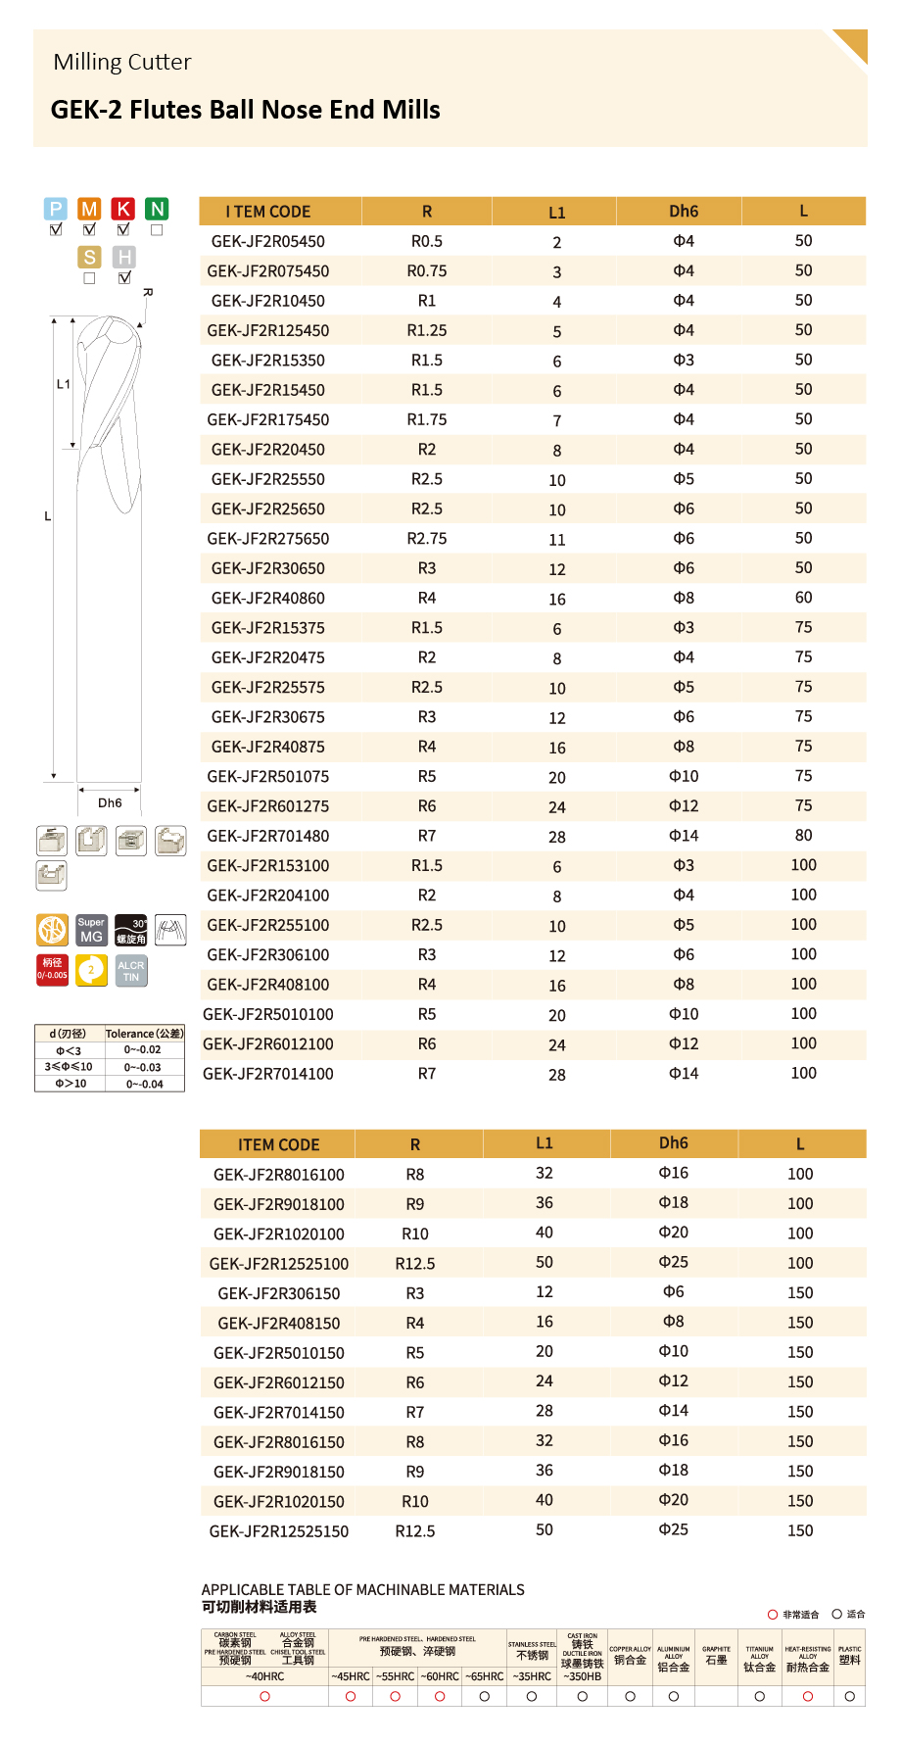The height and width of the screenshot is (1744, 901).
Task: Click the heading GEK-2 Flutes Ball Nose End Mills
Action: [245, 110]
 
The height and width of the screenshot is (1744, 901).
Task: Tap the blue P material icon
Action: [56, 209]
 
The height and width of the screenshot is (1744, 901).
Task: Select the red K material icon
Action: [123, 209]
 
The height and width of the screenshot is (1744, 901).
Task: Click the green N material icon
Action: [157, 209]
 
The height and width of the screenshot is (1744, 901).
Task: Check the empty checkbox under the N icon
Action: [157, 230]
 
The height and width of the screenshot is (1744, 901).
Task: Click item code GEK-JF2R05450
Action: [267, 241]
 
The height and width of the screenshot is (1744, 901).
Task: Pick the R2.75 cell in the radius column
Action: [427, 538]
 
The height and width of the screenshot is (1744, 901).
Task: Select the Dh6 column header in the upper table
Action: [684, 211]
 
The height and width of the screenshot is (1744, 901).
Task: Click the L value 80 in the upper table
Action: [803, 835]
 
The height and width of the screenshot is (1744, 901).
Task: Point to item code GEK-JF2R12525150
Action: [278, 1530]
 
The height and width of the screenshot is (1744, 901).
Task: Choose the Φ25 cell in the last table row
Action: [673, 1529]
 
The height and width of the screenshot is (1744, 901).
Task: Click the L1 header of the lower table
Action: [545, 1142]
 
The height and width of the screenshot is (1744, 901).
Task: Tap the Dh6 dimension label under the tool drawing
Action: [110, 802]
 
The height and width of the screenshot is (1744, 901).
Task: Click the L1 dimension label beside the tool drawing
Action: [63, 384]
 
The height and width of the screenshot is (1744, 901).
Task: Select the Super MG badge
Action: [91, 930]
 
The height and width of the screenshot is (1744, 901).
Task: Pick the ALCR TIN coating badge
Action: [131, 971]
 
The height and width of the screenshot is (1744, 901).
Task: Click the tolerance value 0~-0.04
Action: [144, 1084]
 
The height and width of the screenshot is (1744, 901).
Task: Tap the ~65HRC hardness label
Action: [484, 1676]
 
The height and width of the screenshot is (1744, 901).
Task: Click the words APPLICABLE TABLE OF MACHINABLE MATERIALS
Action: [362, 1589]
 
